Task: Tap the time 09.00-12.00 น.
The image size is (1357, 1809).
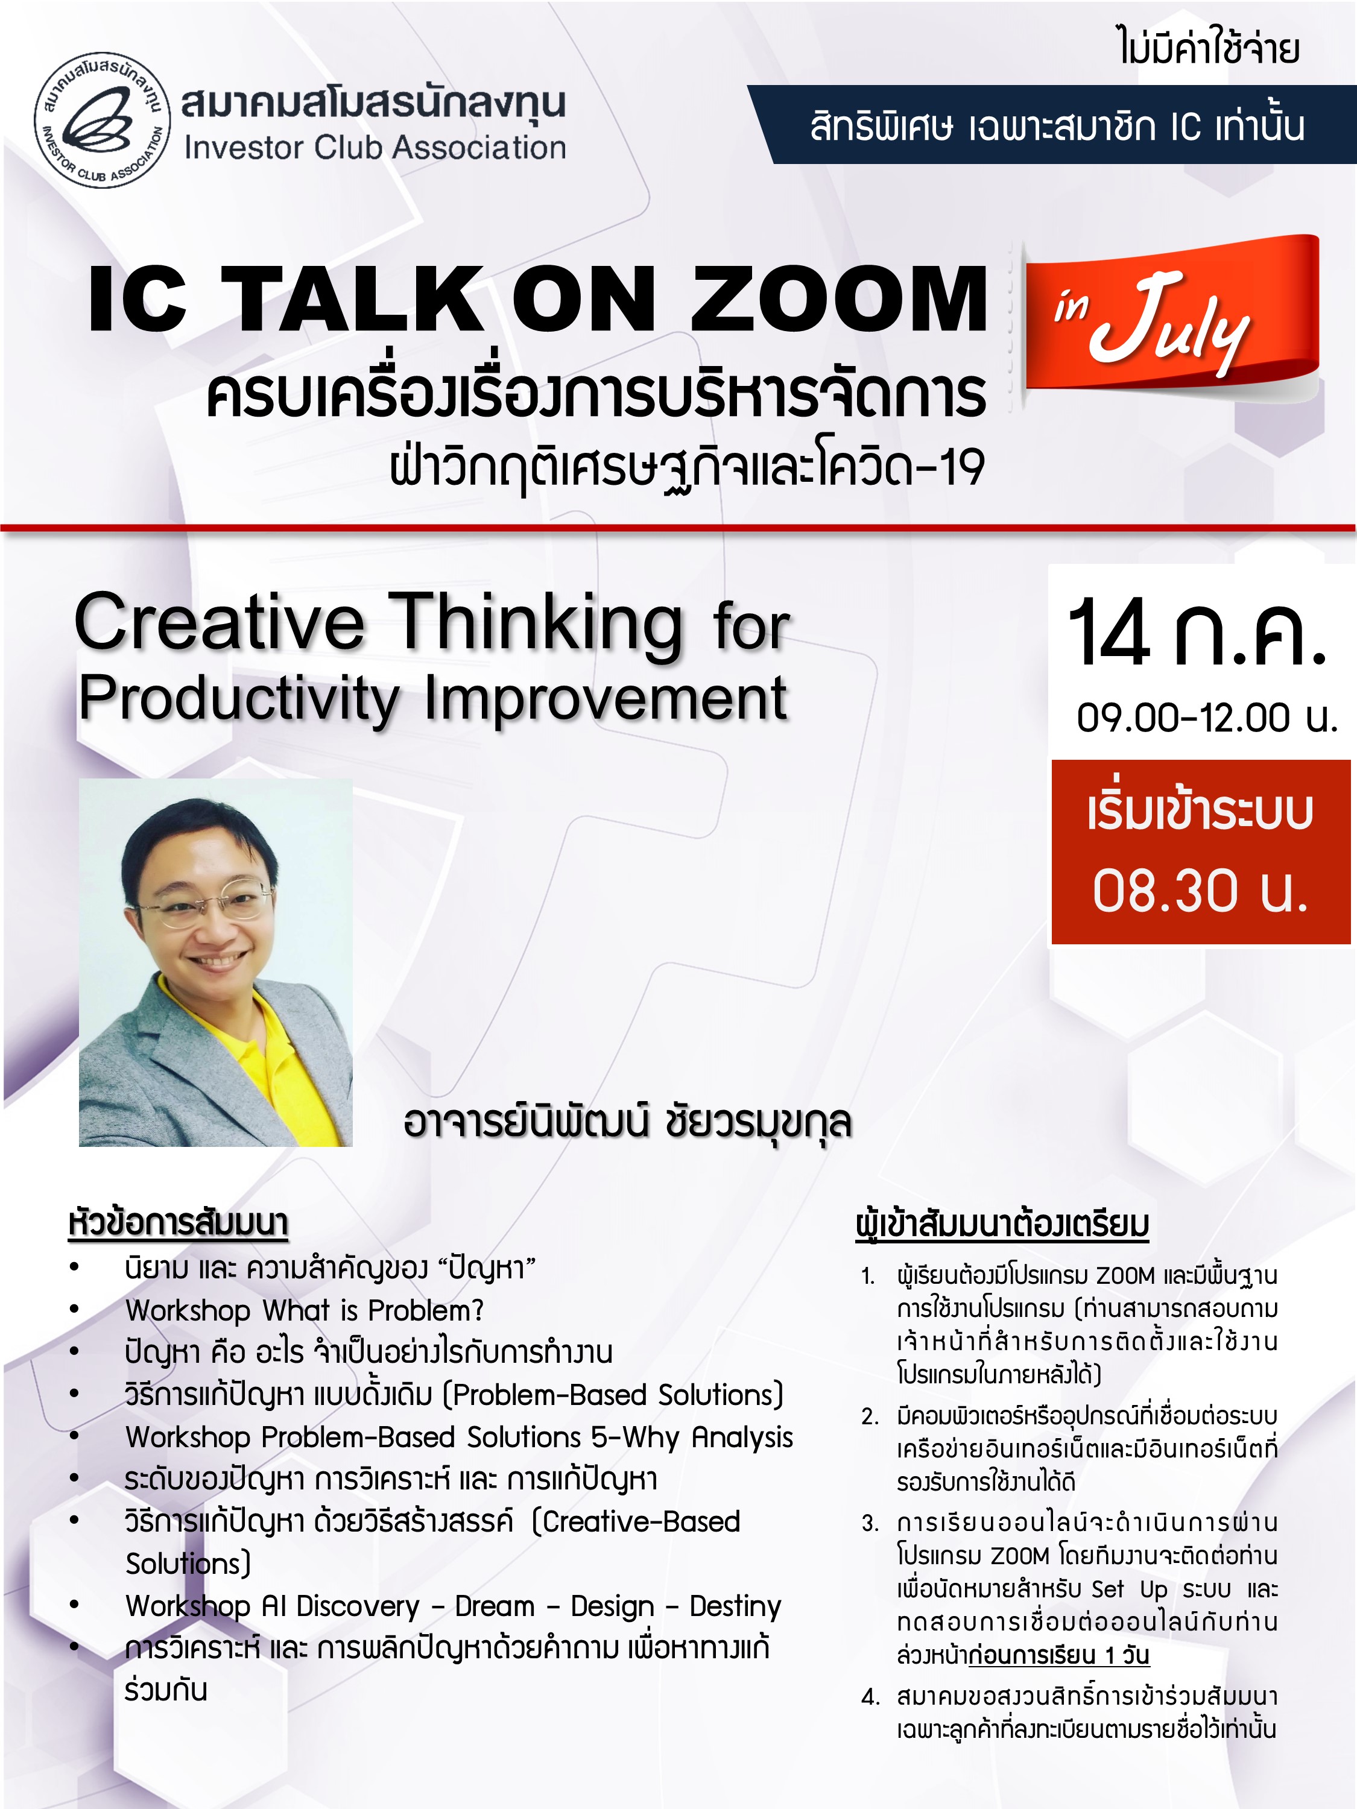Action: coord(1206,718)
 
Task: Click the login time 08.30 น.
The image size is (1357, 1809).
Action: coord(1201,891)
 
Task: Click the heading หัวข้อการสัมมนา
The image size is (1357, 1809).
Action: coord(179,1223)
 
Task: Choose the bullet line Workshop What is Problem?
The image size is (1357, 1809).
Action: coord(305,1311)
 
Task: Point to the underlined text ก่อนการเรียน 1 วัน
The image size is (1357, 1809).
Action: coord(1058,1655)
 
